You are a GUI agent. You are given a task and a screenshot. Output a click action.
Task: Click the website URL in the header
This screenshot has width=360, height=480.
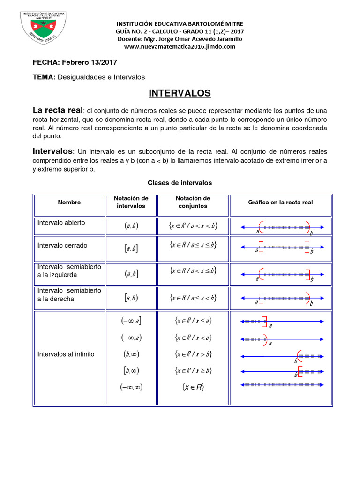(x=180, y=47)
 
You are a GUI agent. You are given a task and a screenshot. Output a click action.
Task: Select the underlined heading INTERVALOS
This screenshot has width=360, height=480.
(x=180, y=93)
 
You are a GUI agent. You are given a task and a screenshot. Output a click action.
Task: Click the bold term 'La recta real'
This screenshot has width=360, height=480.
(x=57, y=110)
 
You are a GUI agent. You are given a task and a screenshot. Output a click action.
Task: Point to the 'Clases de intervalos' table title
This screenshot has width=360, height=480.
(x=180, y=183)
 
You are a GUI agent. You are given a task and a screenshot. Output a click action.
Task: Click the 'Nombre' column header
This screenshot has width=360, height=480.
(x=69, y=202)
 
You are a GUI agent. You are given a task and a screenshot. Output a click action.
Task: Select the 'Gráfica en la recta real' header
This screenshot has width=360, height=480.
(x=280, y=202)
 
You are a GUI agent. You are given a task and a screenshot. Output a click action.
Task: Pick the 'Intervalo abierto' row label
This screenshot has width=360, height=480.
(x=61, y=223)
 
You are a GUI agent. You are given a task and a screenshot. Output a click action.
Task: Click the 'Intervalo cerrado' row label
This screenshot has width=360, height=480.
(x=62, y=245)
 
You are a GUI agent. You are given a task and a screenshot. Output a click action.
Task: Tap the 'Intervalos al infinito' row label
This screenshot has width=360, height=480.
(x=66, y=354)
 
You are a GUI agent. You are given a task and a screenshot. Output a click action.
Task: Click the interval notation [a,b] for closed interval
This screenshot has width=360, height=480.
(x=131, y=248)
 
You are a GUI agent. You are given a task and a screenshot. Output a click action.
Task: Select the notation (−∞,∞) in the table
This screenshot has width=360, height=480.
(x=131, y=387)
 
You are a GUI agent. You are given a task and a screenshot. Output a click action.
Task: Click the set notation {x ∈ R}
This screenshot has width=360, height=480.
(x=193, y=387)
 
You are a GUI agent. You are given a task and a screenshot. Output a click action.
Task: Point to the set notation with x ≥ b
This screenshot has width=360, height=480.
(x=193, y=370)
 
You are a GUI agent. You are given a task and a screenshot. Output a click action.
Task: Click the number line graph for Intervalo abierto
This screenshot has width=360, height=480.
(x=282, y=227)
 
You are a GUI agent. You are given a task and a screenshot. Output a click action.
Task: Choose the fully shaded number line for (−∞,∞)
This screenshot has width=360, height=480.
(x=282, y=385)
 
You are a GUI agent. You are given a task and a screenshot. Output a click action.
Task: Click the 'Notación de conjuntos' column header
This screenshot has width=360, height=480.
(x=193, y=202)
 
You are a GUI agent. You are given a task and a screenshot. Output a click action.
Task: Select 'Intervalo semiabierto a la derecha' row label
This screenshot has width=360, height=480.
(x=69, y=295)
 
